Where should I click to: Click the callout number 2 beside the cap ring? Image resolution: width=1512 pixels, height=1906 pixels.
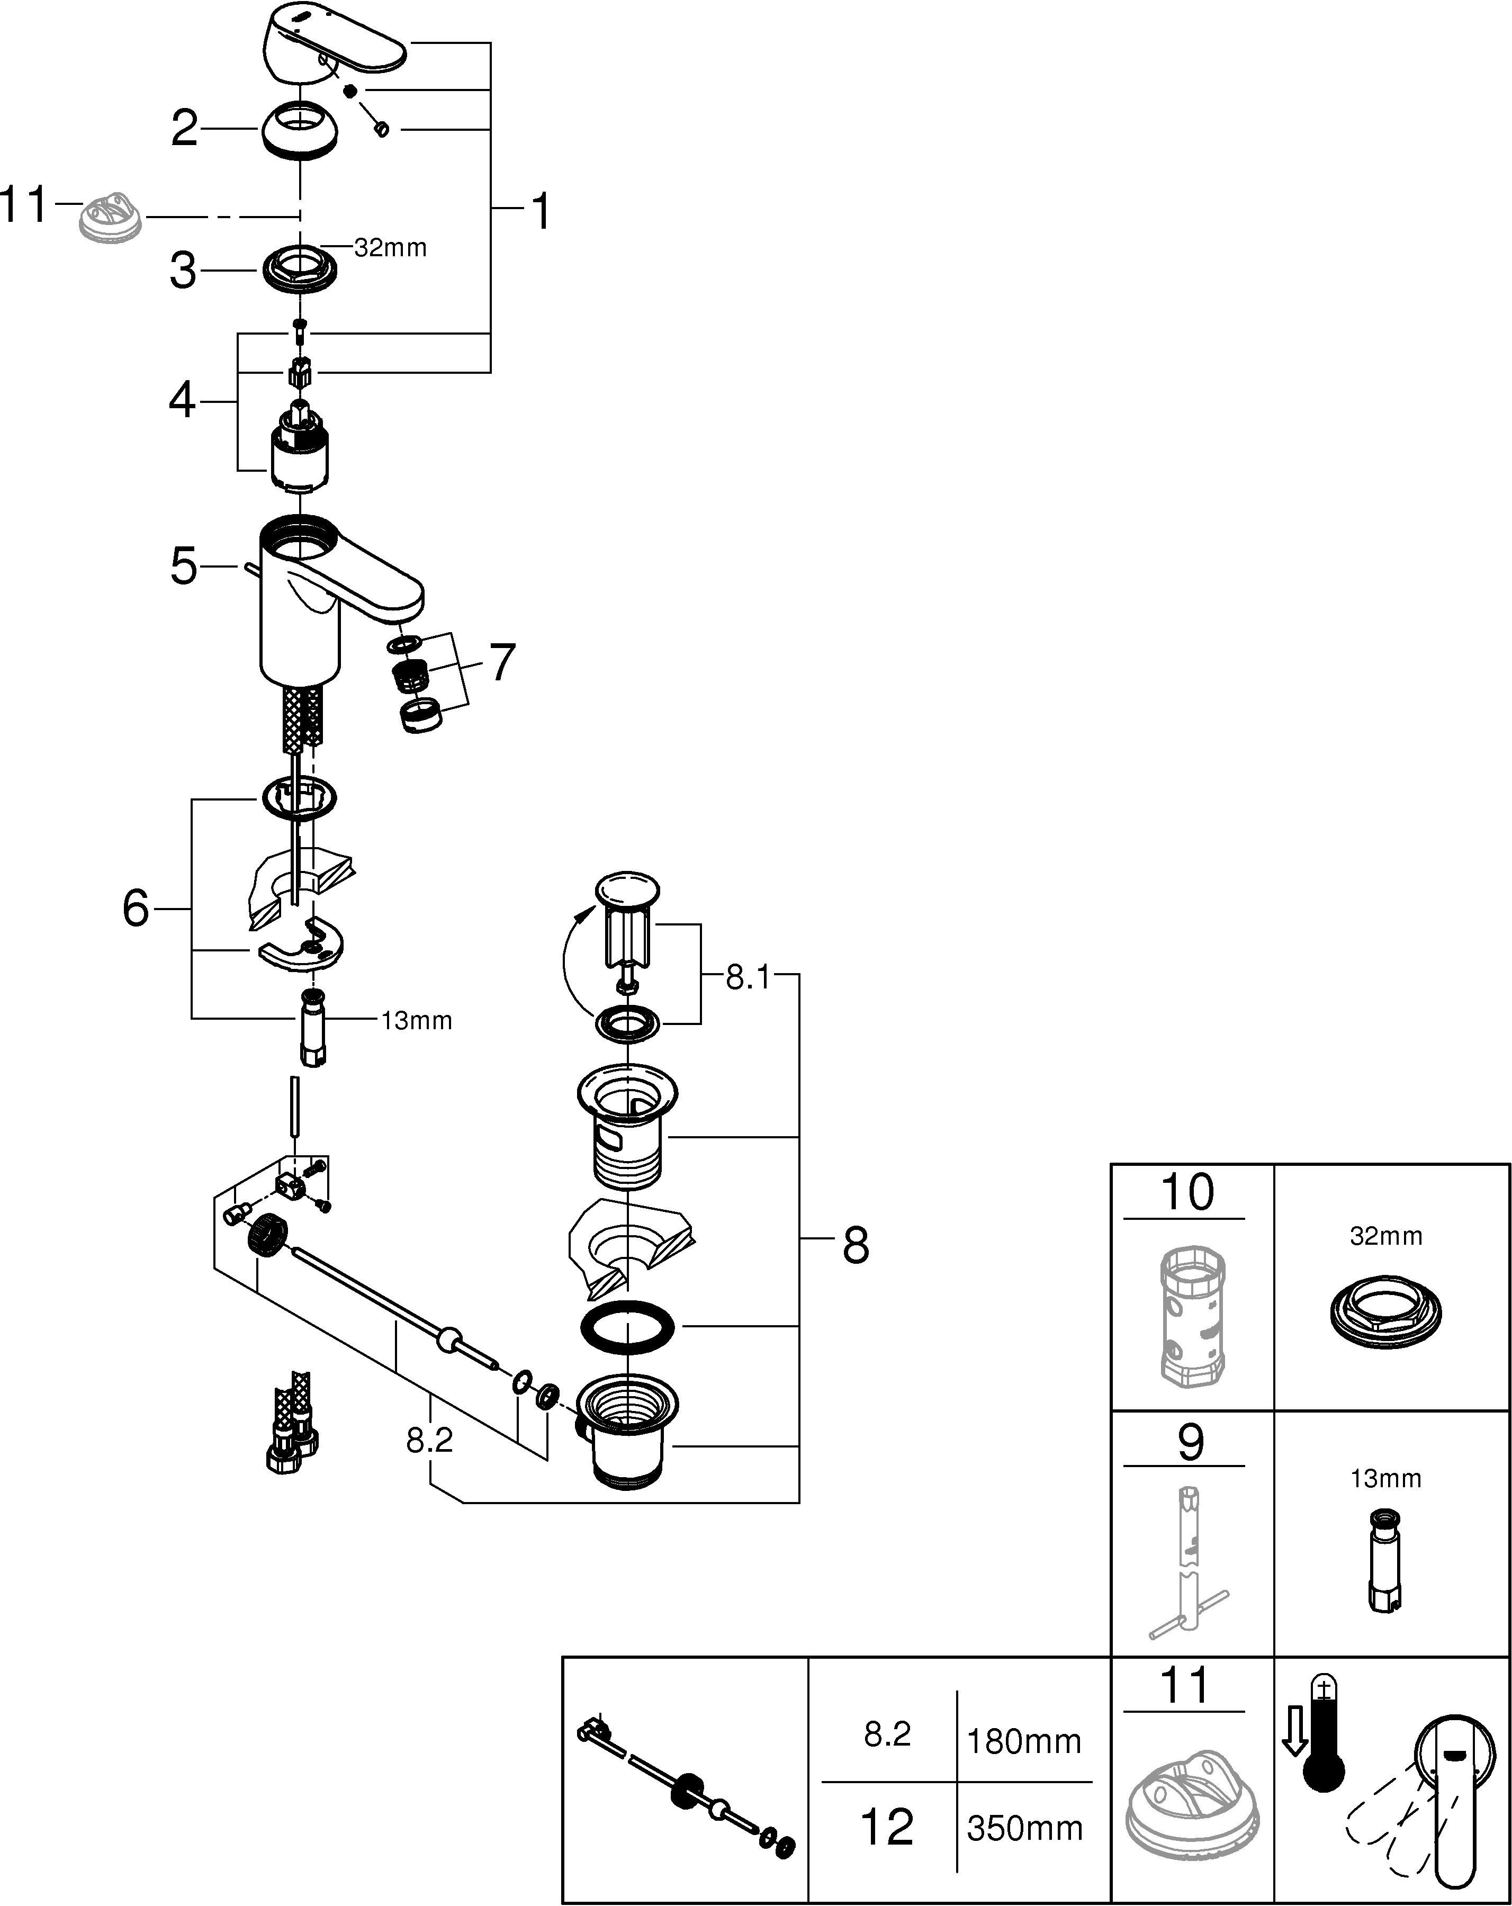[x=184, y=129]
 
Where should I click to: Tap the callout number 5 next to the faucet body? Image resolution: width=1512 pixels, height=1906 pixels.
[x=184, y=567]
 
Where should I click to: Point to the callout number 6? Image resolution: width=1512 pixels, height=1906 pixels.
[x=136, y=908]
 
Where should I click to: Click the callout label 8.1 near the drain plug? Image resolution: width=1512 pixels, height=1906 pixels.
[x=748, y=978]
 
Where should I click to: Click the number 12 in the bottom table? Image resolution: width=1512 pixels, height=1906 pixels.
[x=887, y=1827]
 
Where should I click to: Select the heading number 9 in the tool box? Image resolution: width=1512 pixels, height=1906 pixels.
[x=1190, y=1442]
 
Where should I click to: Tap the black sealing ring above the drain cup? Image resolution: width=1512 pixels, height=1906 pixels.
[x=627, y=1327]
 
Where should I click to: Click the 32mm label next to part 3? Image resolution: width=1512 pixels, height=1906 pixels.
[x=390, y=248]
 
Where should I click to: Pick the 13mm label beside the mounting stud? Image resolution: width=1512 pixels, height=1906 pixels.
[x=417, y=1021]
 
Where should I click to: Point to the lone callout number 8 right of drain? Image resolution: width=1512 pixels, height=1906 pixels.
[x=855, y=1246]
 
